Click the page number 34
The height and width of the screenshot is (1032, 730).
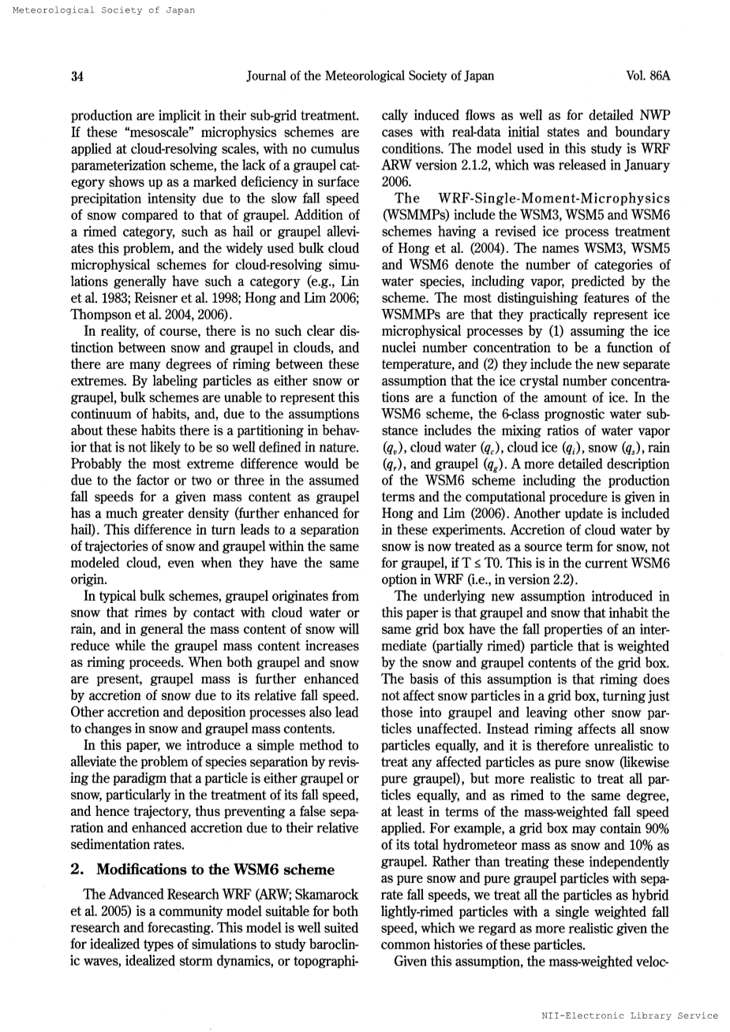pos(77,76)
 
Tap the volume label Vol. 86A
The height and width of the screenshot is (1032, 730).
pos(647,76)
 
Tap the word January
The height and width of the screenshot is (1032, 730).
pos(645,165)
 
